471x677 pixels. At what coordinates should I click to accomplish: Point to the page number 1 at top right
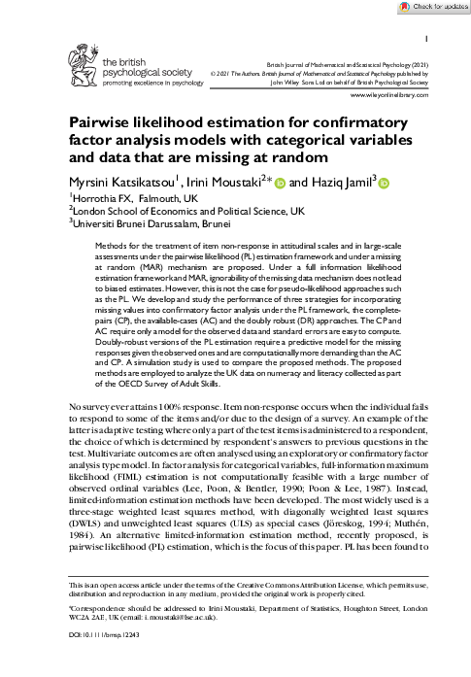click(428, 39)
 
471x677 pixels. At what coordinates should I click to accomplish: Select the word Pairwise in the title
click(104, 123)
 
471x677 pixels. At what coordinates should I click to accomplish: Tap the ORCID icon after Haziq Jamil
click(384, 183)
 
